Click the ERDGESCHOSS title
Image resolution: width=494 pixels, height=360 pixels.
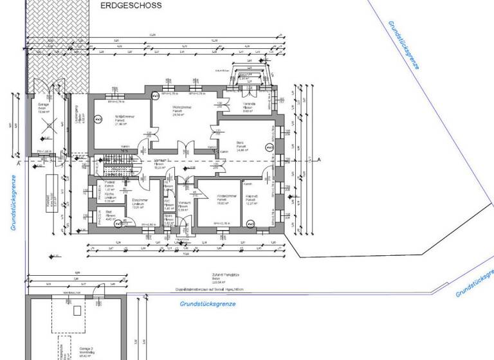tap(131, 5)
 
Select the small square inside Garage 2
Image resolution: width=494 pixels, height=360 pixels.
tap(77, 310)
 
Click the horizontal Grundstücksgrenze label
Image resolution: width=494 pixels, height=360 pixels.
tap(207, 302)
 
